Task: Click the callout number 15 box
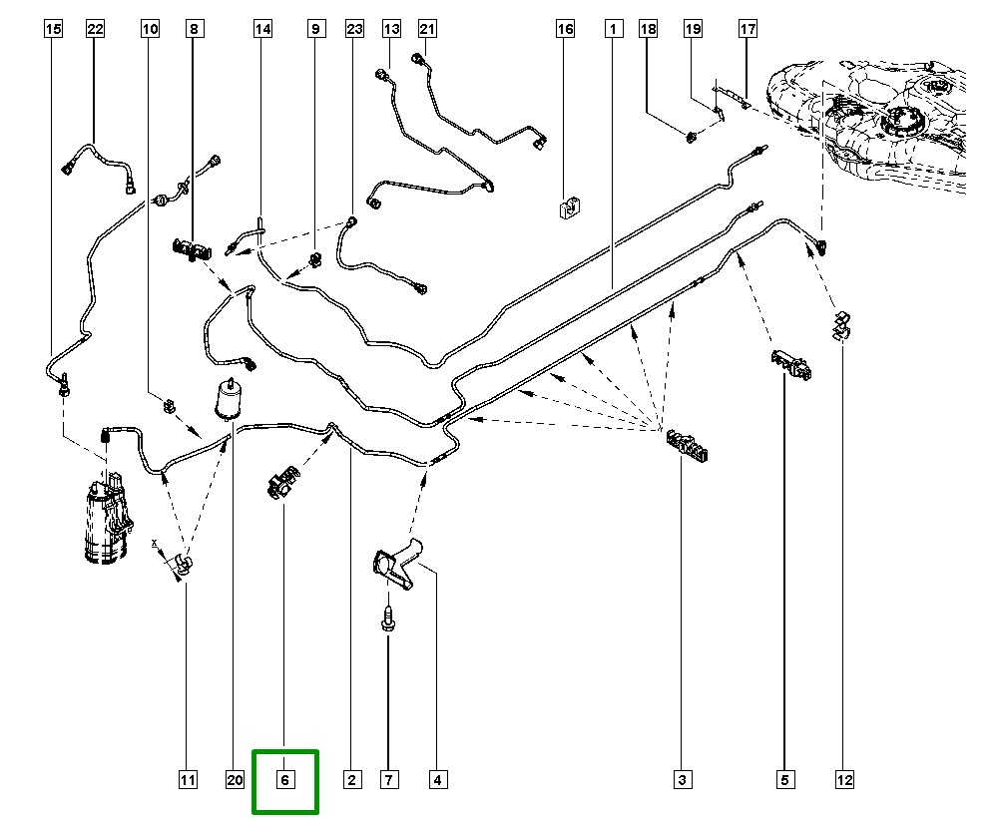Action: [54, 30]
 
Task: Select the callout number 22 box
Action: [95, 30]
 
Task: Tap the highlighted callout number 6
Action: [284, 780]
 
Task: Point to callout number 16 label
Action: [565, 30]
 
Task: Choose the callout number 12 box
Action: [845, 780]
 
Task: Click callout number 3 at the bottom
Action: [682, 780]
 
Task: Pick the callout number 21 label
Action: [427, 30]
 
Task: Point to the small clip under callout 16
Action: [570, 206]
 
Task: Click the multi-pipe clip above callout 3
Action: [688, 446]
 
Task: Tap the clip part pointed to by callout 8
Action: [191, 249]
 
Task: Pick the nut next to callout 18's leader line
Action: [692, 135]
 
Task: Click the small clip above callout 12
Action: [840, 325]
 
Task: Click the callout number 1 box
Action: [610, 30]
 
